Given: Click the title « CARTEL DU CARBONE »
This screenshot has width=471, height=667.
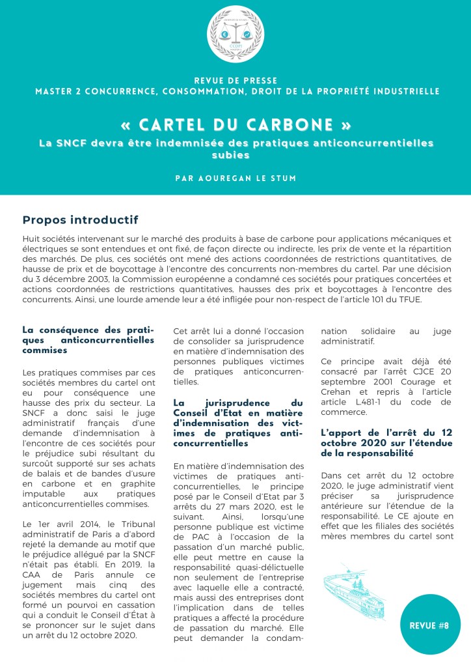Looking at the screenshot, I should [235, 124].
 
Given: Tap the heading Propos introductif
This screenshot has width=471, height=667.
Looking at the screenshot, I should [80, 220].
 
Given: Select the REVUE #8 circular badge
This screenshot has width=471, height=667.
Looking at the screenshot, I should [429, 625].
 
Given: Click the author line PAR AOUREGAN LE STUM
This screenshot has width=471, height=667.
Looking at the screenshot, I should [235, 177].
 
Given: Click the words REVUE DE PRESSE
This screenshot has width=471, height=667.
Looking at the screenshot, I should [235, 79].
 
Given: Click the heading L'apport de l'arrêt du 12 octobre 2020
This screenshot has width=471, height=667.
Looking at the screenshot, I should [386, 443].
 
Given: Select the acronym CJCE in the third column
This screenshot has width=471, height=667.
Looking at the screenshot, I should [402, 372].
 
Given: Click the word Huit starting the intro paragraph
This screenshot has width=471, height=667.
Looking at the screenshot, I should [32, 238].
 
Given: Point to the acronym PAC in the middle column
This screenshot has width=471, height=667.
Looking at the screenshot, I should [183, 535].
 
